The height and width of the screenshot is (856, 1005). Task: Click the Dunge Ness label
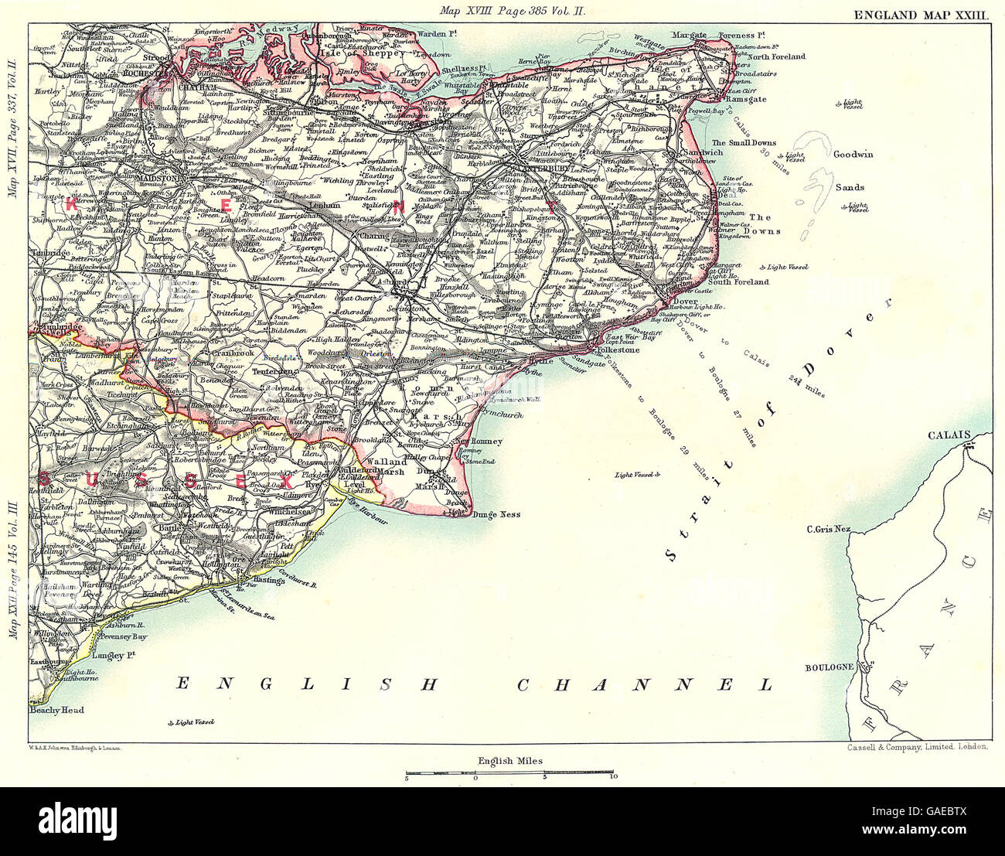[x=496, y=514]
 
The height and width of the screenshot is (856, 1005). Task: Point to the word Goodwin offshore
[x=853, y=154]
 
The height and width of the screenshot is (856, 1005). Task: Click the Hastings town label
[x=264, y=578]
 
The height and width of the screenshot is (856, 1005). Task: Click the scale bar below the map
[x=510, y=772]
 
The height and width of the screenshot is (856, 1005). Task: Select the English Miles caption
[x=510, y=761]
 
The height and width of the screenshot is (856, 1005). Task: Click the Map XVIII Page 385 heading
[x=505, y=11]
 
